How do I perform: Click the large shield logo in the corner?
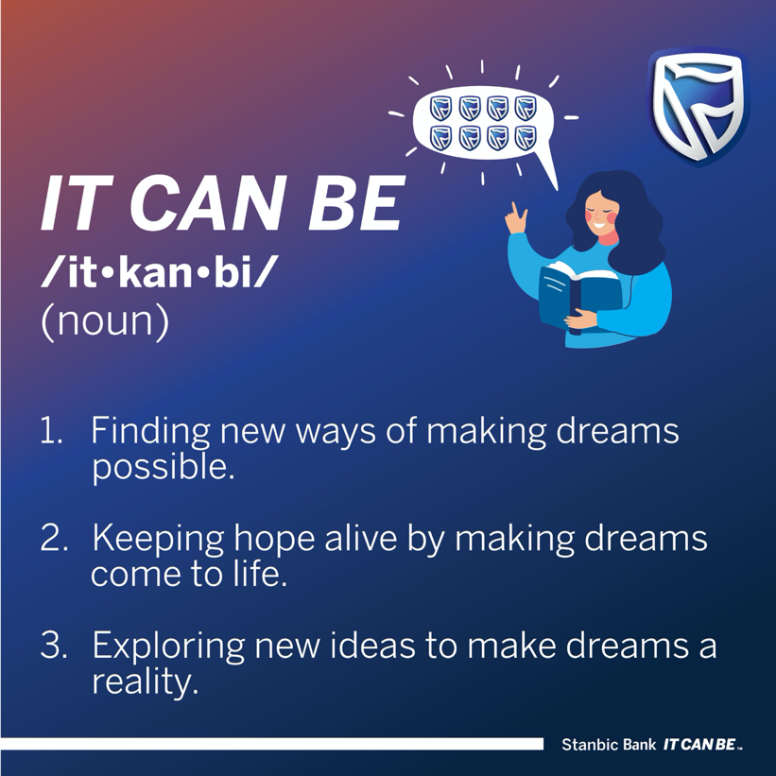pyautogui.click(x=698, y=107)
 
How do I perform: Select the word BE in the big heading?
pyautogui.click(x=356, y=203)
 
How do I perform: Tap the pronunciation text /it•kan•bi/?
pyautogui.click(x=157, y=271)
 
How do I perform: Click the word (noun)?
pyautogui.click(x=105, y=320)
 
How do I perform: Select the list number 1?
pyautogui.click(x=51, y=431)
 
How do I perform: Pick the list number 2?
pyautogui.click(x=54, y=538)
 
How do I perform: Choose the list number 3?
pyautogui.click(x=54, y=646)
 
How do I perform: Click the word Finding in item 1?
pyautogui.click(x=151, y=432)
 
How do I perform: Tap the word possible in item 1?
pyautogui.click(x=164, y=468)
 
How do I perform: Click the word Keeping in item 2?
pyautogui.click(x=158, y=539)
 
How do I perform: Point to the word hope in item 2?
pyautogui.click(x=274, y=539)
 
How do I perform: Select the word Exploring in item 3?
pyautogui.click(x=169, y=647)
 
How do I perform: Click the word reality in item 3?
pyautogui.click(x=145, y=683)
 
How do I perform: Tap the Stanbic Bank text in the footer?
pyautogui.click(x=609, y=744)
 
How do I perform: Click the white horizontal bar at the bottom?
pyautogui.click(x=271, y=744)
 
